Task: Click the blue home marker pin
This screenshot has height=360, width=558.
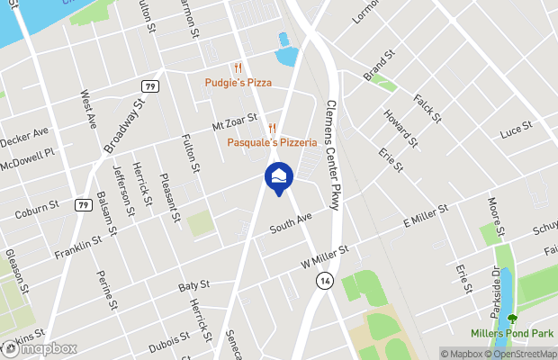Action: click(x=277, y=175)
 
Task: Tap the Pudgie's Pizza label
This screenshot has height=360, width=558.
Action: click(x=237, y=83)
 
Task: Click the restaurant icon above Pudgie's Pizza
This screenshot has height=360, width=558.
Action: click(x=238, y=67)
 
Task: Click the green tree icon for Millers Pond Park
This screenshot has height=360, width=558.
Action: click(x=513, y=318)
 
